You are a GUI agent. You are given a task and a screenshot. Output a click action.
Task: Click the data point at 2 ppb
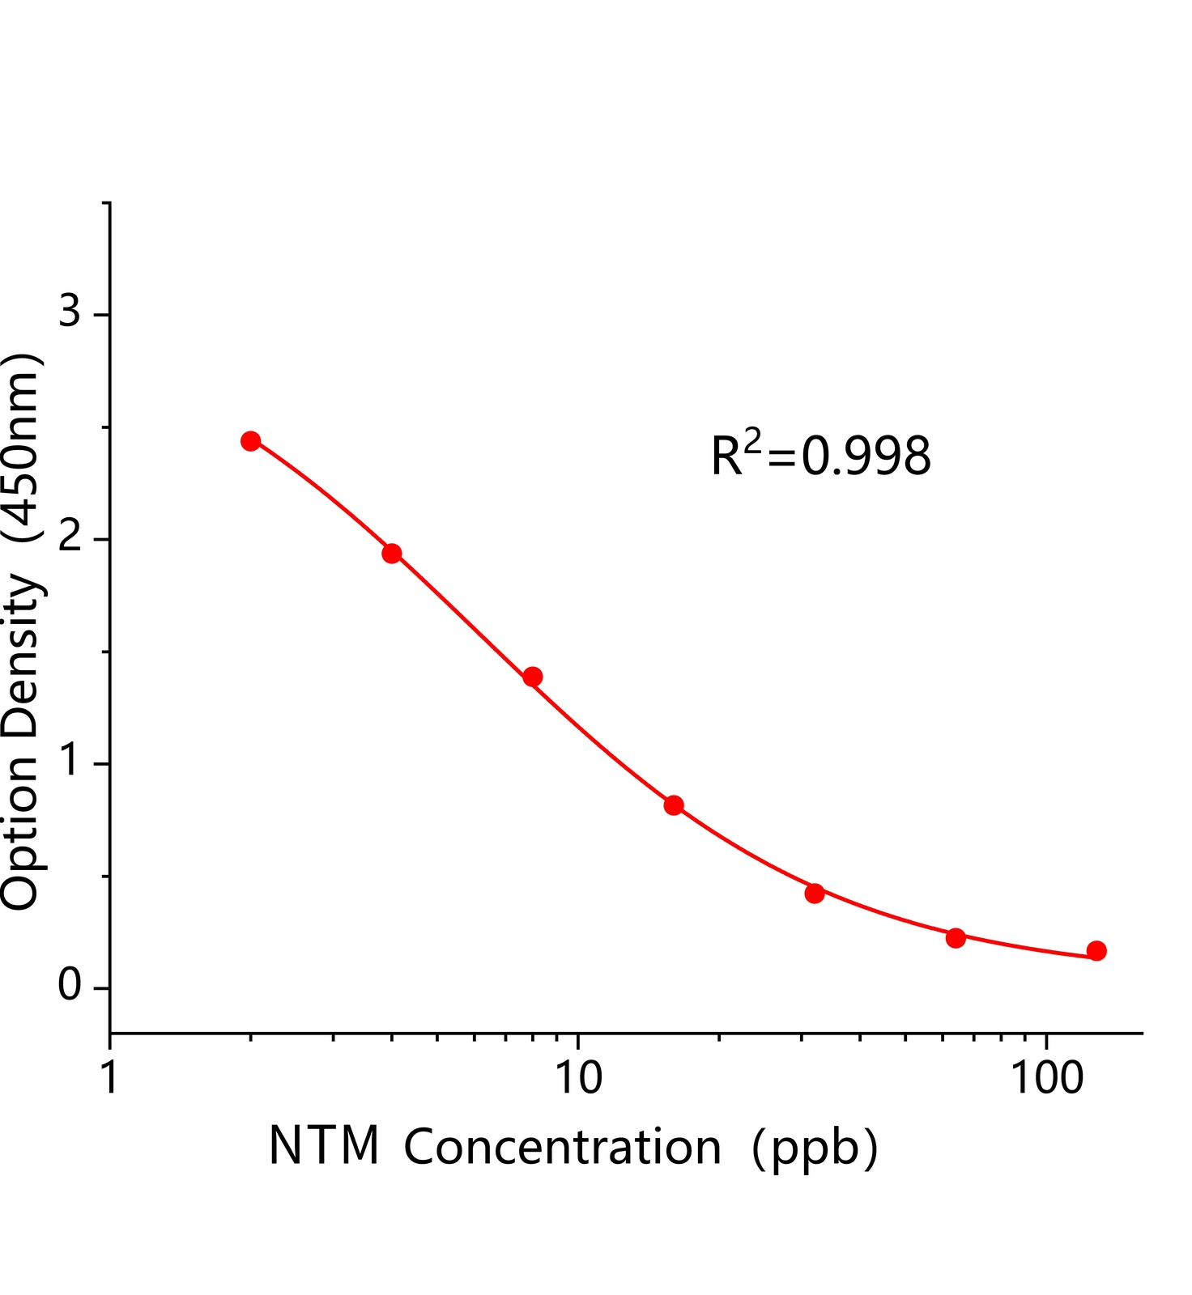251,441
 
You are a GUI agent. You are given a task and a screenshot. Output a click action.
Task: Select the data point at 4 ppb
392,554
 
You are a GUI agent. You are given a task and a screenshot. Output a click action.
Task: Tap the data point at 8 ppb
533,677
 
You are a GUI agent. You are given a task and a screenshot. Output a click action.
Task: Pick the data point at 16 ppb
674,805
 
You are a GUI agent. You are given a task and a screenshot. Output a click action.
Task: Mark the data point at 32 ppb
815,894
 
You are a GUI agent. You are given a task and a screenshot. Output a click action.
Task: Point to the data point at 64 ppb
956,938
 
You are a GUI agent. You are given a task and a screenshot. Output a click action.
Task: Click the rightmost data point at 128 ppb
1096,951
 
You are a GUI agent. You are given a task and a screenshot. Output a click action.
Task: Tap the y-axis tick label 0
70,985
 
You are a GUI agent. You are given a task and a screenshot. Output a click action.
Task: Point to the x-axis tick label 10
577,1079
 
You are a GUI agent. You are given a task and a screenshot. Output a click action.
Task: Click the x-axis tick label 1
110,1079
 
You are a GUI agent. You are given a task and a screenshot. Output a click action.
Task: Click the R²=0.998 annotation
820,455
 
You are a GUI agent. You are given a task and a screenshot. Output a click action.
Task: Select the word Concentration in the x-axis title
562,1147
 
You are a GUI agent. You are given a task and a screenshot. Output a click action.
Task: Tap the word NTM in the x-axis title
324,1146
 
